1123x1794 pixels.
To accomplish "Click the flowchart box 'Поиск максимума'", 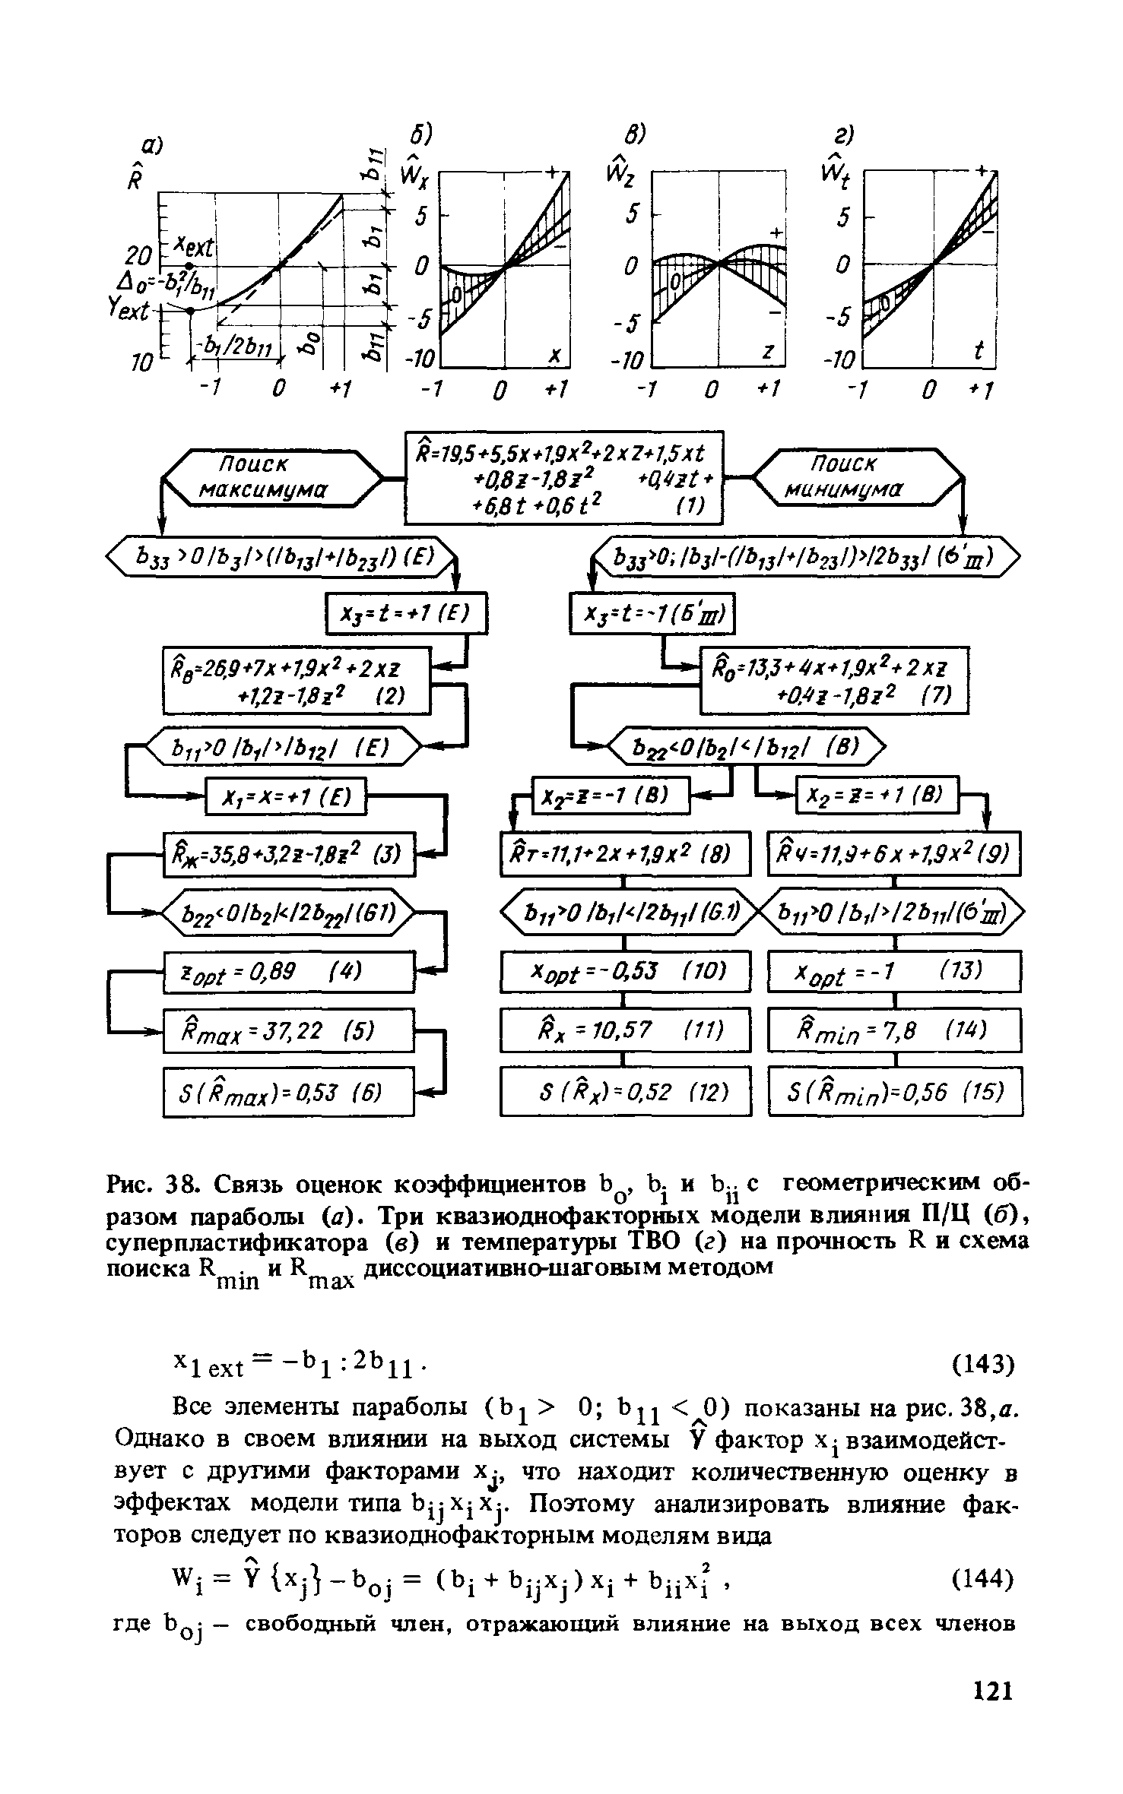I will pyautogui.click(x=273, y=477).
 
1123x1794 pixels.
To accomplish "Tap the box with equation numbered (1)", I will pyautogui.click(x=563, y=476).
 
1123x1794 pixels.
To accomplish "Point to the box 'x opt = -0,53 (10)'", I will pyautogui.click(x=625, y=972).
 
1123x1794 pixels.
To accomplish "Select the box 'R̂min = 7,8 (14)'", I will pyautogui.click(x=894, y=1031).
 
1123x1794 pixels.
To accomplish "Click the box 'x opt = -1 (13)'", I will pyautogui.click(x=894, y=972).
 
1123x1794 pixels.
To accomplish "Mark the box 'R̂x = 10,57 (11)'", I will pyautogui.click(x=625, y=1031).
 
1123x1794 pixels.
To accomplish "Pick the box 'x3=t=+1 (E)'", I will pyautogui.click(x=406, y=614).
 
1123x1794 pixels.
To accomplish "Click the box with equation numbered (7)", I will pyautogui.click(x=834, y=680).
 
